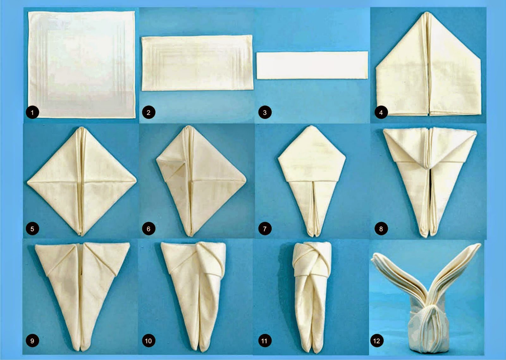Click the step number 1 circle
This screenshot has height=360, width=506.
pos(32,112)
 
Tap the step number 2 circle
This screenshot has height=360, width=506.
pos(148,112)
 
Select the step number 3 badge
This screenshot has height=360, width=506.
pos(265,112)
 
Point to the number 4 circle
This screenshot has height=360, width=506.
pos(381,112)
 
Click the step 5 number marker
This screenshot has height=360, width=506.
pos(32,229)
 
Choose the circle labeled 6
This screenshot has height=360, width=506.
pos(148,229)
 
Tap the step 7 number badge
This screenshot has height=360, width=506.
pos(265,229)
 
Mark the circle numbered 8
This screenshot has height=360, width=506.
pos(381,229)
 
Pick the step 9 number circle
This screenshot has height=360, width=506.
pos(32,341)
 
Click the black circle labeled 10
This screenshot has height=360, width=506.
pos(148,341)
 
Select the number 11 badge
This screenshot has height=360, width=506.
pos(264,341)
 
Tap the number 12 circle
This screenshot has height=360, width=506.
pos(377,341)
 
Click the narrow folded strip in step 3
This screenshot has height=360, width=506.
pos(312,65)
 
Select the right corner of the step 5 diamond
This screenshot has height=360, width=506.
pos(136,181)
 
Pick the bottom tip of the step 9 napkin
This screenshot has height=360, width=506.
pos(80,348)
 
